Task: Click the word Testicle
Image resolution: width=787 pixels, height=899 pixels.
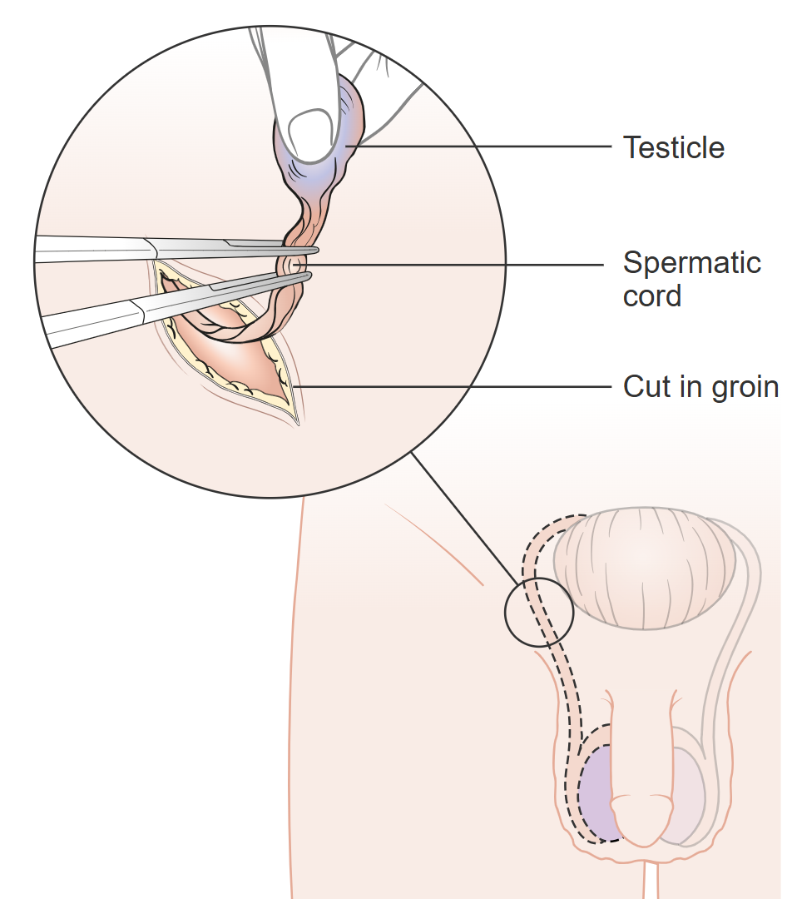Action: tap(674, 148)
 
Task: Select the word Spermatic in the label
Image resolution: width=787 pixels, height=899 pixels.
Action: tap(691, 263)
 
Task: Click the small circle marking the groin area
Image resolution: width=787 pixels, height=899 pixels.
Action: tap(539, 613)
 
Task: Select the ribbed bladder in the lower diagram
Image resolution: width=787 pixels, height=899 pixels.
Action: tap(645, 567)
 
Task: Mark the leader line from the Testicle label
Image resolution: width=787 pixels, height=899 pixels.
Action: tap(483, 147)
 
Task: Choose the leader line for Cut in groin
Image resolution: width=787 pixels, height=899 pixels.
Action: tap(458, 387)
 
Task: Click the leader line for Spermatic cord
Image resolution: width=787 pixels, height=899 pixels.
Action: tap(458, 266)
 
